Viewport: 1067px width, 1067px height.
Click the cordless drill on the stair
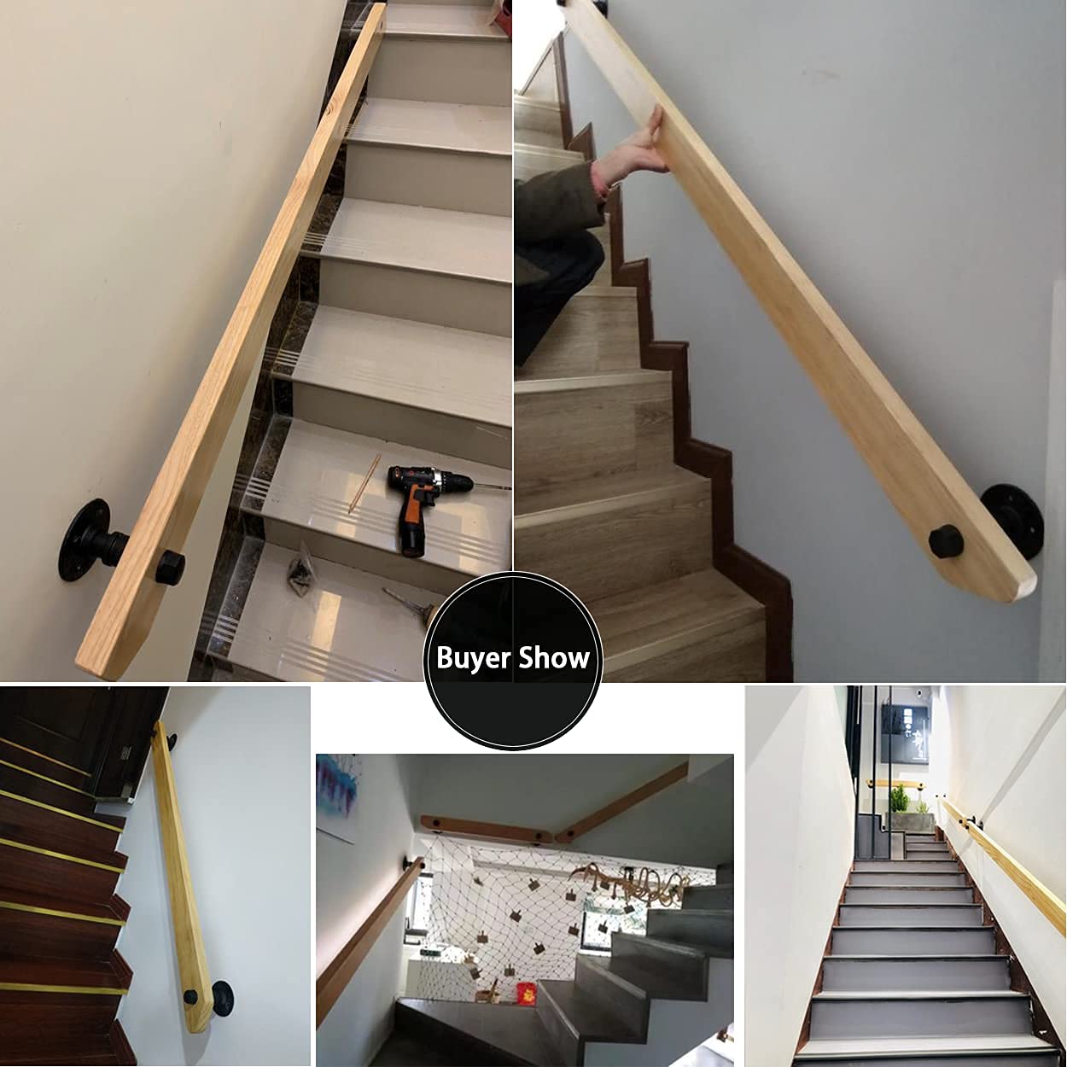pyautogui.click(x=423, y=504)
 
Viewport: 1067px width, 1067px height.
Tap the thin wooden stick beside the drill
pyautogui.click(x=364, y=483)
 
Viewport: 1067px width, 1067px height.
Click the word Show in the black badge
pyautogui.click(x=554, y=658)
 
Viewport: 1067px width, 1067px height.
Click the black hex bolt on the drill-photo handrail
pyautogui.click(x=169, y=566)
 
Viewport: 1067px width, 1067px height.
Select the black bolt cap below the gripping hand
pyautogui.click(x=946, y=543)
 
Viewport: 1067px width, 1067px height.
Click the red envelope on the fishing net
pyautogui.click(x=527, y=992)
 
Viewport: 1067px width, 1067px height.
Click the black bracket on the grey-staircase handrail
pyautogui.click(x=947, y=809)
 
